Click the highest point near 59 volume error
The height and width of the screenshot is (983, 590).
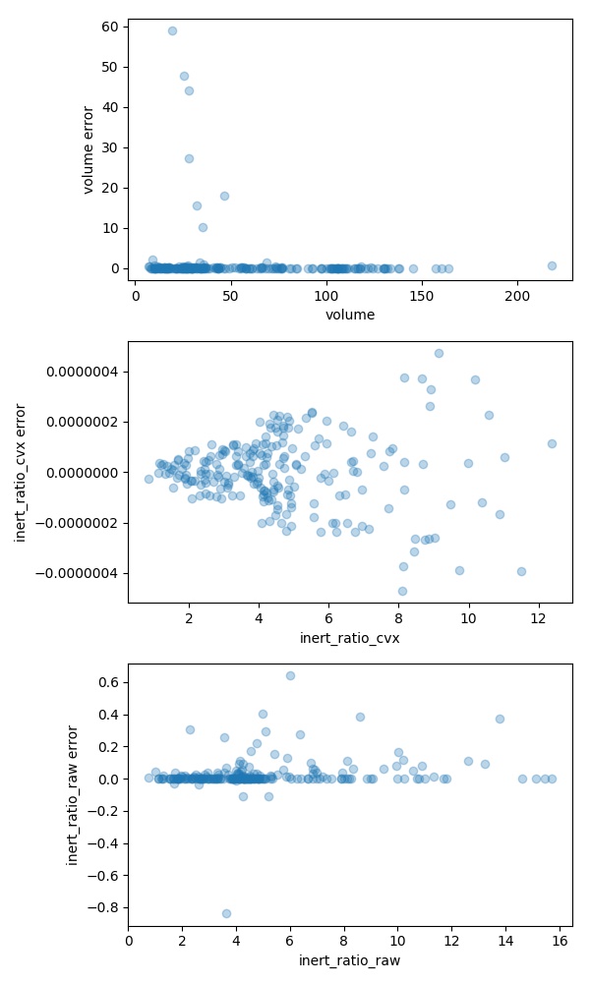coord(172,30)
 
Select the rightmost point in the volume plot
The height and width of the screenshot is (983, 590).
coord(552,265)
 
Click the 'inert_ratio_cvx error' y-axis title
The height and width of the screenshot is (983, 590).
coord(21,472)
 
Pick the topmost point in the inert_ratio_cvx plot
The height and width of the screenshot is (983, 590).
coord(439,353)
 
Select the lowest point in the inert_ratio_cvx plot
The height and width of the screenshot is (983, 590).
coord(402,591)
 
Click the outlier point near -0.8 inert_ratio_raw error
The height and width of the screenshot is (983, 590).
coord(226,913)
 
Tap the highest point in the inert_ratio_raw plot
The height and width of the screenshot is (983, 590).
coord(290,675)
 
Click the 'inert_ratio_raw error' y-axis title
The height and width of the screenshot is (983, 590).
coord(73,794)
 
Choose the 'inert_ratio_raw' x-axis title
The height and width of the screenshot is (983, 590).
coord(350,959)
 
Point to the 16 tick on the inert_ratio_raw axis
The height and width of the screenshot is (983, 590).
coord(560,940)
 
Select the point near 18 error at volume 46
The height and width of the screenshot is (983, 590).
coord(224,196)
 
